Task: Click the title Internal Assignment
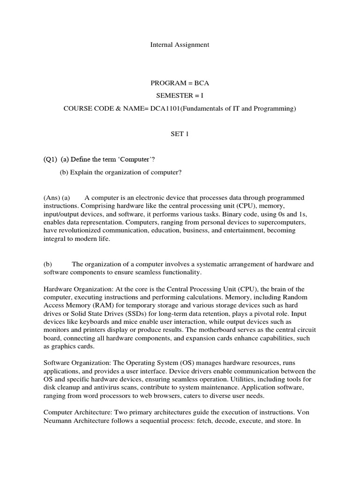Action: coord(180,45)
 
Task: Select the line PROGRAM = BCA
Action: coord(180,83)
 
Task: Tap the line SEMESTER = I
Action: coord(180,96)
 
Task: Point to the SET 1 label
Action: coord(180,134)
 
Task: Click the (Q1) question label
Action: coord(50,160)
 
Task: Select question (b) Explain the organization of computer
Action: coord(120,172)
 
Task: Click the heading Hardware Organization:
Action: coord(76,289)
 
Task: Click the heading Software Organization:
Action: coord(75,363)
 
